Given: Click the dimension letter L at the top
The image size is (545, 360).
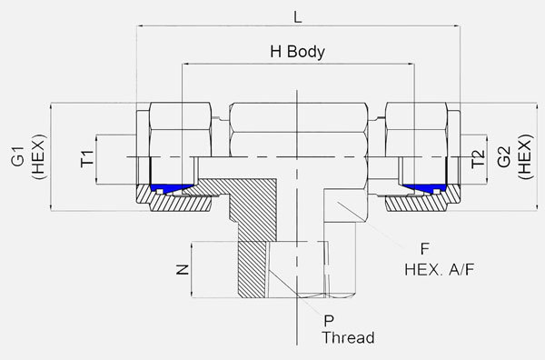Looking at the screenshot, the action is (298, 16).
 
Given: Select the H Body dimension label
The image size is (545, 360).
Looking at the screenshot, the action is (298, 52).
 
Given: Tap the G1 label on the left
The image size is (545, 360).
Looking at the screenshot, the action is (18, 156).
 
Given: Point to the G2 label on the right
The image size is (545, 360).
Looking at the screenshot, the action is (504, 156).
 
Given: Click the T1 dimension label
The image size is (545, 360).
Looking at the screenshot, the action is (87, 158).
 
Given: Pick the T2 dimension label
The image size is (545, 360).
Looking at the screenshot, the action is (478, 158).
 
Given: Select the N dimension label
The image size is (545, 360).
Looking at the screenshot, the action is (183, 270).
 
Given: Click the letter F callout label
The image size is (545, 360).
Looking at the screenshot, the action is (425, 249).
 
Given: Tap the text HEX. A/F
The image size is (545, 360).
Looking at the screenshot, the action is (440, 270).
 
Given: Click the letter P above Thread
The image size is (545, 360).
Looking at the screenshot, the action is (329, 321).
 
